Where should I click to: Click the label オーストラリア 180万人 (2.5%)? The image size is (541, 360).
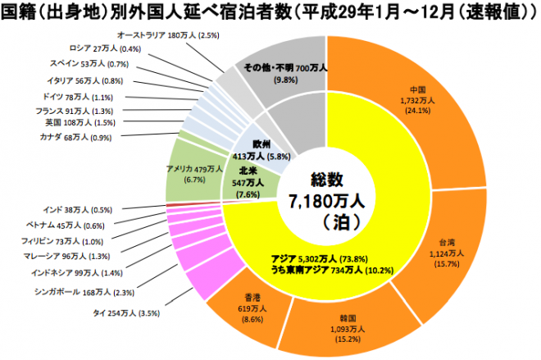coord(167,36)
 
